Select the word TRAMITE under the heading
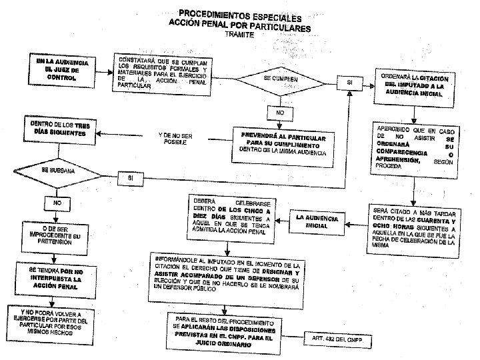[x=240, y=34]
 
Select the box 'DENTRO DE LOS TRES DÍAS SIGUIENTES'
[x=59, y=129]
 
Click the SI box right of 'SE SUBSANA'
[x=130, y=178]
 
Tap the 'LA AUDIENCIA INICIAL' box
[x=316, y=221]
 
